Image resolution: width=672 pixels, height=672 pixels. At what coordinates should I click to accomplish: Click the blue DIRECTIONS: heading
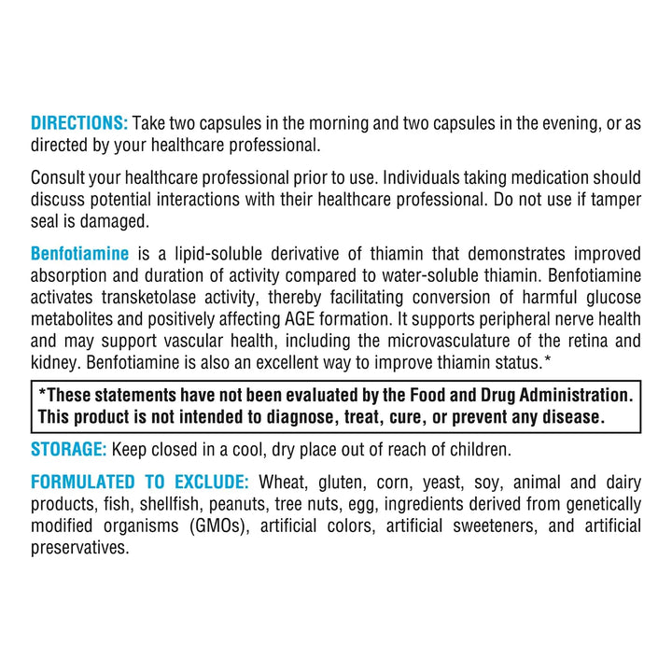[79, 124]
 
